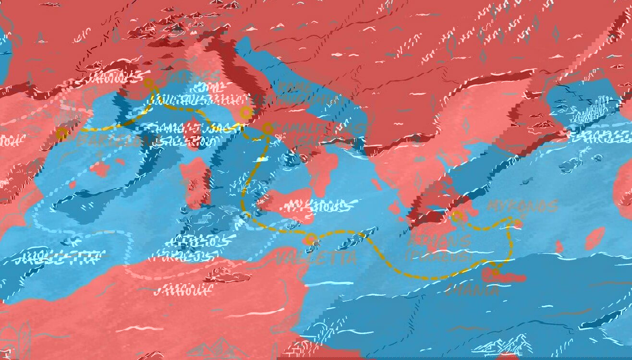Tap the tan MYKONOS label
pyautogui.click(x=522, y=206)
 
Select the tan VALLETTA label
pyautogui.click(x=316, y=258)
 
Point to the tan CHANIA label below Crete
pyautogui.click(x=472, y=290)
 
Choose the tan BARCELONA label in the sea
pyautogui.click(x=118, y=140)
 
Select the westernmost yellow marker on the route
pyautogui.click(x=61, y=134)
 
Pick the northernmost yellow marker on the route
pyautogui.click(x=149, y=83)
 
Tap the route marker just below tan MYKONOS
pyautogui.click(x=518, y=223)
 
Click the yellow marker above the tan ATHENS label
pyautogui.click(x=457, y=216)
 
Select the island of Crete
pyautogui.click(x=504, y=276)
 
